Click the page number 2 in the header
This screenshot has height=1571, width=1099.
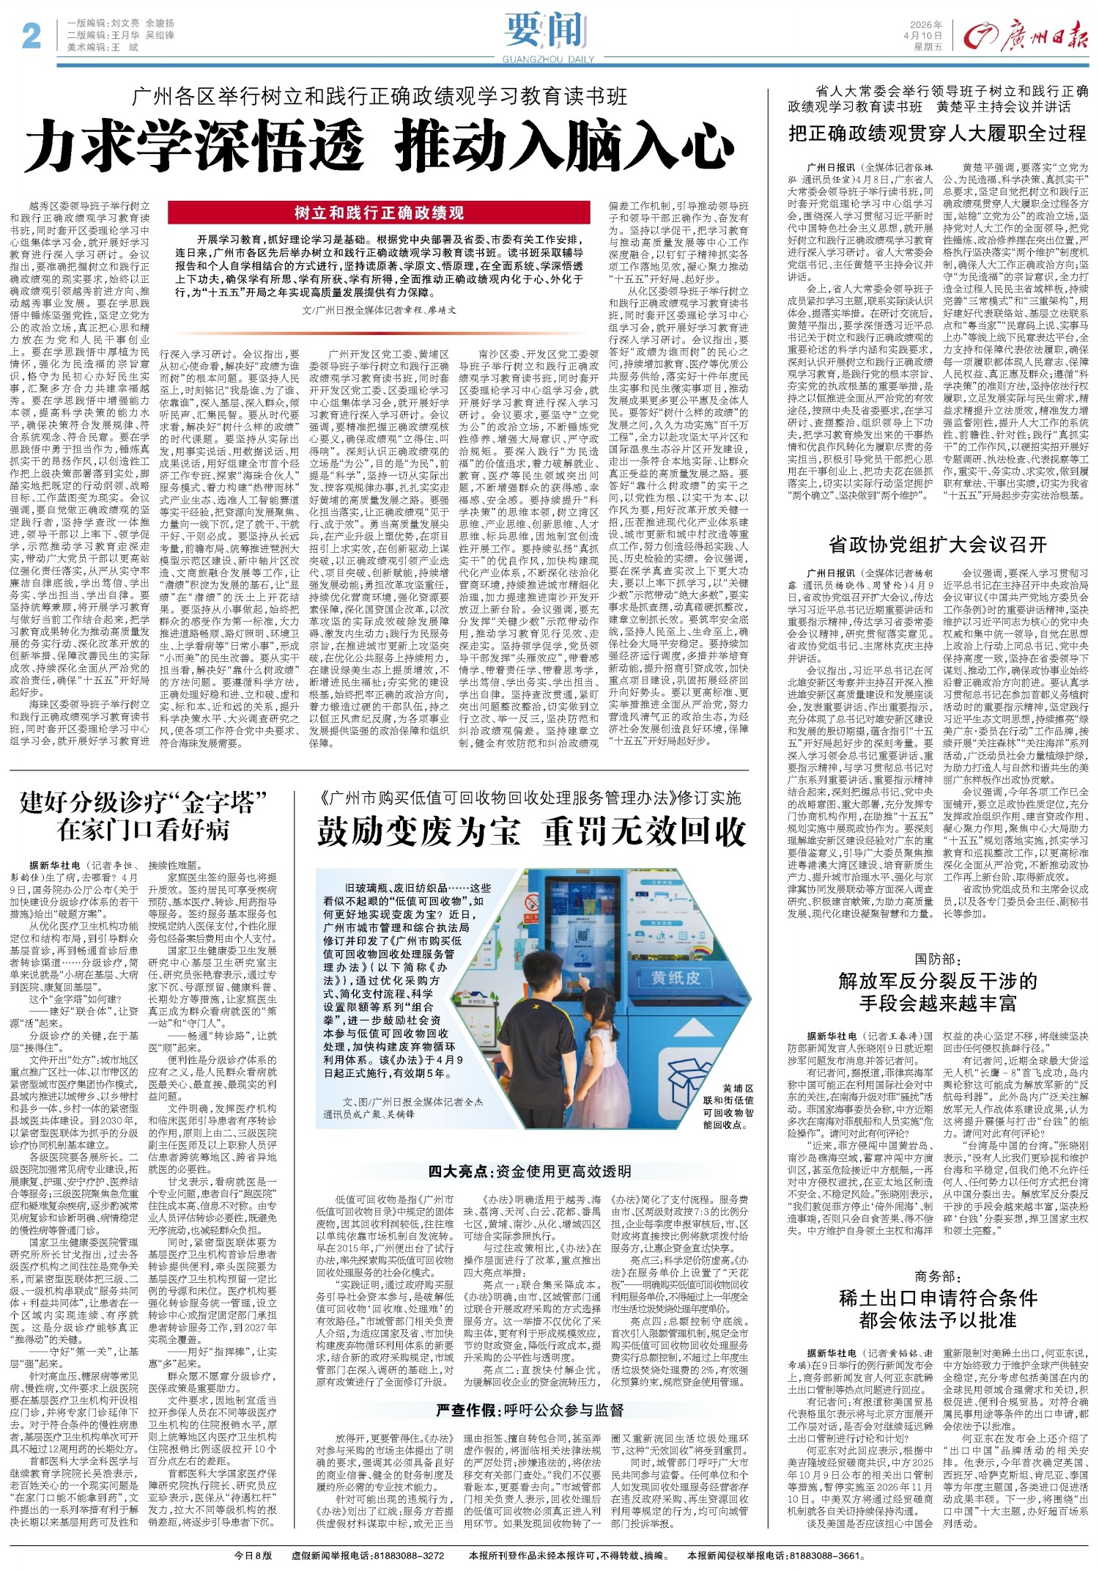click(x=32, y=34)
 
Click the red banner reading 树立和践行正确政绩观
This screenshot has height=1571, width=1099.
click(x=379, y=213)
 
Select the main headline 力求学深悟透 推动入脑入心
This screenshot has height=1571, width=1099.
click(x=380, y=144)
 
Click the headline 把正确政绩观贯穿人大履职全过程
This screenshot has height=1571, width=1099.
click(x=937, y=133)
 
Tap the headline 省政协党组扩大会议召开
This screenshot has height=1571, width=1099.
click(x=937, y=545)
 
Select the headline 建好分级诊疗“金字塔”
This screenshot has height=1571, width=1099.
click(x=144, y=803)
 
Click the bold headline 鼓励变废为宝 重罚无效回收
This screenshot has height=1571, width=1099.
click(x=531, y=832)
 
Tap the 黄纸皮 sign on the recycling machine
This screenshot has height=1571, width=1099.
click(x=676, y=977)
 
